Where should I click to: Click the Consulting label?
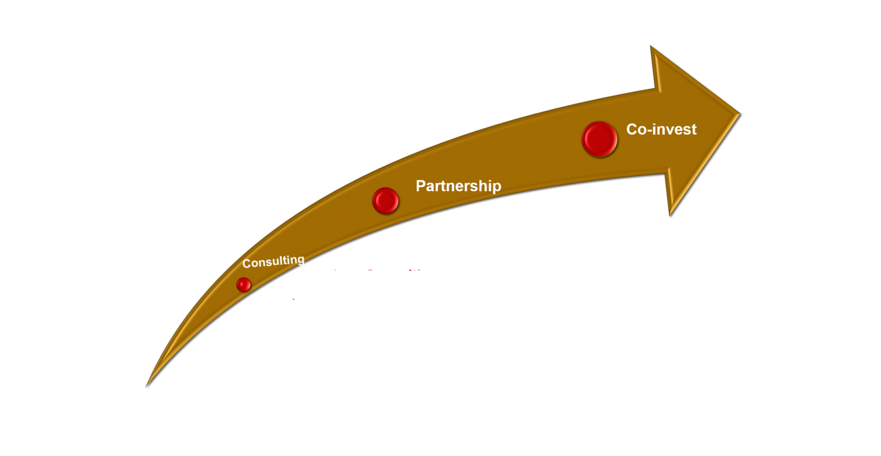click(273, 262)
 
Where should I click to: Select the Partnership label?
click(458, 186)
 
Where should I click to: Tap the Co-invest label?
click(661, 129)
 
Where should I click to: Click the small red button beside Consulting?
click(244, 285)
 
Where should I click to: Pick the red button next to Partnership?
click(385, 201)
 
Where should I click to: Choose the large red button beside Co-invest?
click(599, 139)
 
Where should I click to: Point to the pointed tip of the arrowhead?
click(739, 114)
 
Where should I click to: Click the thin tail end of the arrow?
click(147, 384)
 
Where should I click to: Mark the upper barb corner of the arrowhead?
click(651, 47)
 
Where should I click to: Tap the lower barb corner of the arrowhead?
click(670, 214)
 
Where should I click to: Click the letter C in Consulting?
click(247, 264)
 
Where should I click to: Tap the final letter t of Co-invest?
click(693, 130)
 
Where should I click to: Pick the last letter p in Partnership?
click(497, 188)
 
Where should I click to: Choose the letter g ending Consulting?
click(300, 260)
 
